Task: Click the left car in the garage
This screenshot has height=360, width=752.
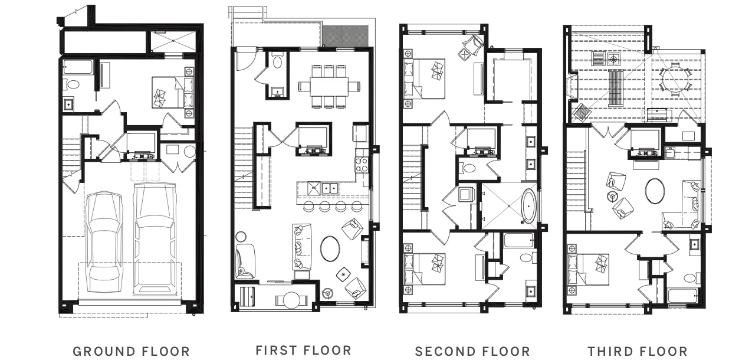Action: [104, 243]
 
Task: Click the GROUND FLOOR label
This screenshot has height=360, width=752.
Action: [132, 352]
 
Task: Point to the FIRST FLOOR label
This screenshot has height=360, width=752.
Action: [304, 350]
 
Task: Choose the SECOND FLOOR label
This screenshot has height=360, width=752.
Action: [472, 352]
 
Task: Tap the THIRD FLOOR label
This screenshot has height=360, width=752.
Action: [638, 352]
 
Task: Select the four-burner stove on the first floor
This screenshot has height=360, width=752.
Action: [362, 165]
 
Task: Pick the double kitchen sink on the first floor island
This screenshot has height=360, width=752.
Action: [330, 188]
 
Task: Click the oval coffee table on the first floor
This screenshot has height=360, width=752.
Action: [330, 248]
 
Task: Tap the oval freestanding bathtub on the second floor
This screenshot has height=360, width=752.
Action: [528, 207]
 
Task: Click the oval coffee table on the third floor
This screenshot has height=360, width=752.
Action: [655, 191]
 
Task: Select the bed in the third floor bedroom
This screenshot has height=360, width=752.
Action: [588, 270]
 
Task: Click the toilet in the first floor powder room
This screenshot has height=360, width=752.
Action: [277, 62]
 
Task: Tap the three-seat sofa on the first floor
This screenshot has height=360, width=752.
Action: [302, 247]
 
